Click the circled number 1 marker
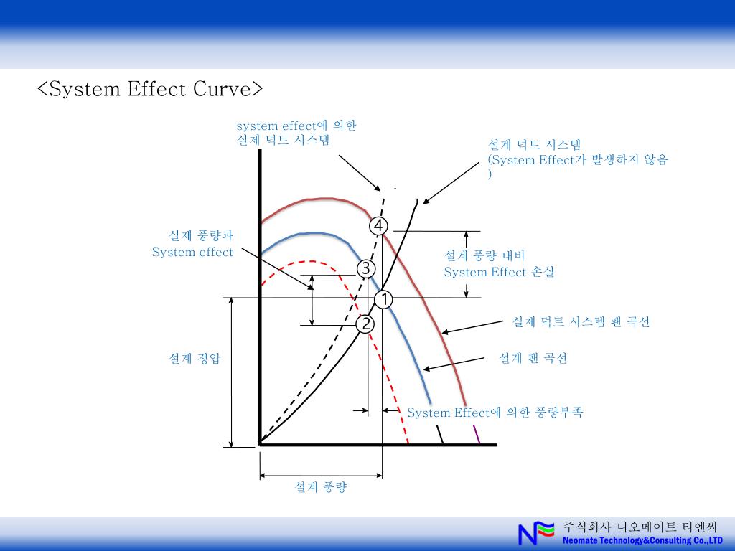(383, 299)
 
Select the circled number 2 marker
(365, 324)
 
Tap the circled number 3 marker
(365, 269)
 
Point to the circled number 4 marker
(378, 226)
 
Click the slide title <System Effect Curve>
(151, 89)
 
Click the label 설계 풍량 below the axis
(320, 487)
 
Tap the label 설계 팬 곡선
(533, 358)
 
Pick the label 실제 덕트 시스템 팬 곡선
(581, 322)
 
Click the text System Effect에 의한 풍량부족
(495, 413)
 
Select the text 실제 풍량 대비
(484, 255)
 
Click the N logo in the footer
(536, 532)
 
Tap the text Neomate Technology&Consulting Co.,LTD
(642, 540)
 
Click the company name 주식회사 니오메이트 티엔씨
(640, 526)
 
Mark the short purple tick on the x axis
(477, 434)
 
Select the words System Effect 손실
(499, 272)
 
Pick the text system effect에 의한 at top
(296, 126)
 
